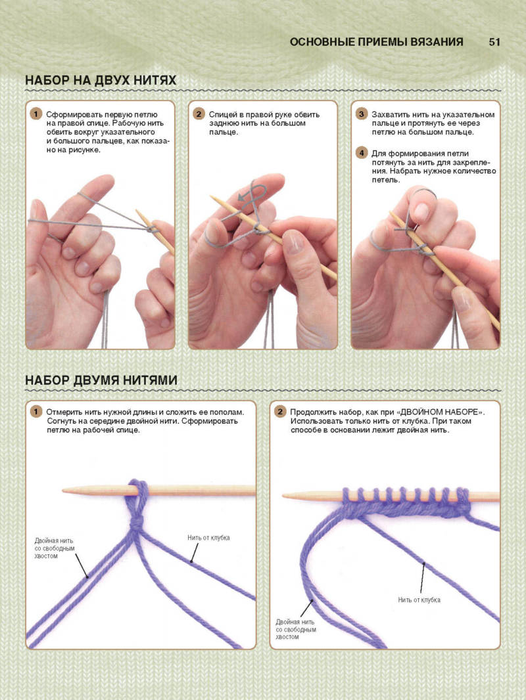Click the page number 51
click(x=494, y=42)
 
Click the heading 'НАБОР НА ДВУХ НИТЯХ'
click(x=101, y=80)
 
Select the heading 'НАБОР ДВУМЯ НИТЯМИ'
click(x=101, y=380)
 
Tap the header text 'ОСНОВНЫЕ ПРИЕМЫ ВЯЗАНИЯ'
click(x=376, y=42)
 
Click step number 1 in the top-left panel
click(x=36, y=114)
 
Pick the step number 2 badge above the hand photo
click(x=199, y=114)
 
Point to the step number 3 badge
click(x=361, y=114)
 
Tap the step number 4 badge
click(x=361, y=153)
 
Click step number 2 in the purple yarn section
click(x=279, y=412)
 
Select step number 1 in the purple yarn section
click(x=36, y=412)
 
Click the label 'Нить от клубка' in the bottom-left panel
click(x=208, y=538)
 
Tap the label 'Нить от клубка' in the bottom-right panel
click(x=419, y=600)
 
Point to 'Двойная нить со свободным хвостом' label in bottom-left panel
click(x=55, y=548)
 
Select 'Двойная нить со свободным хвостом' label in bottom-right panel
click(x=296, y=629)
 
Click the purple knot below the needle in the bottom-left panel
click(x=136, y=522)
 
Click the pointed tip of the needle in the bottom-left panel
click(x=64, y=491)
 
